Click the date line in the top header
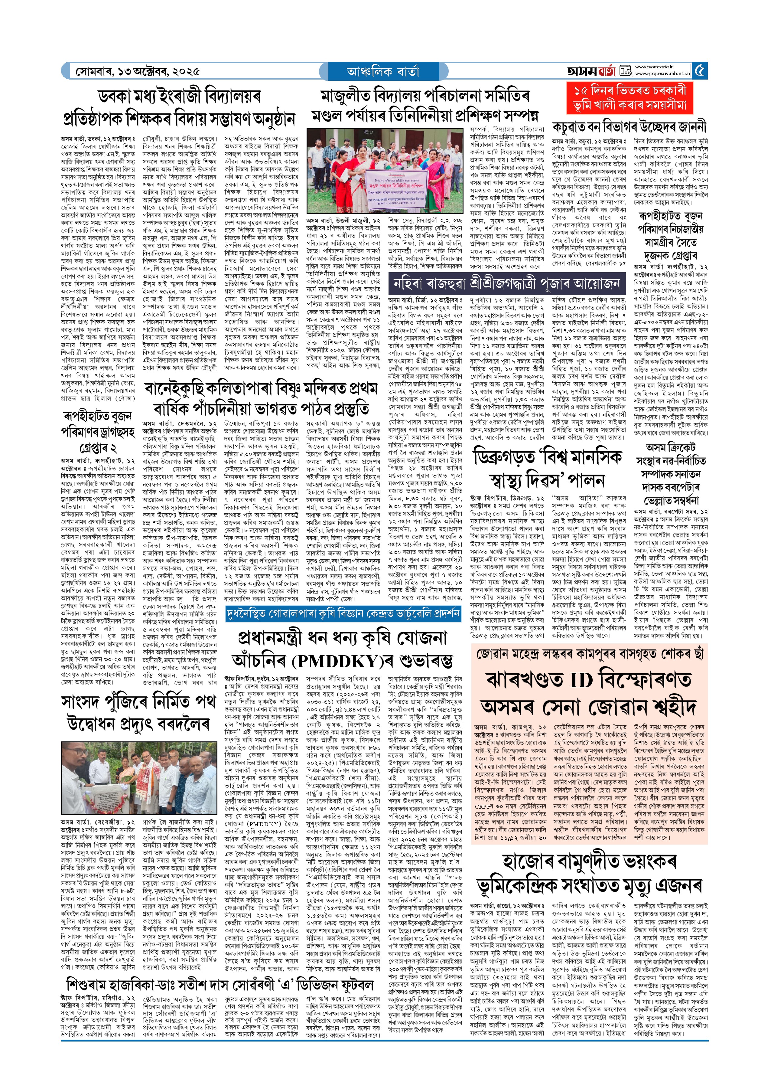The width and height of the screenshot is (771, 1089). (x=138, y=72)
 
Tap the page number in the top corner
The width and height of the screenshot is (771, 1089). (x=700, y=71)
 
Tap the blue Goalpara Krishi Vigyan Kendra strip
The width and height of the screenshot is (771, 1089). (x=343, y=613)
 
